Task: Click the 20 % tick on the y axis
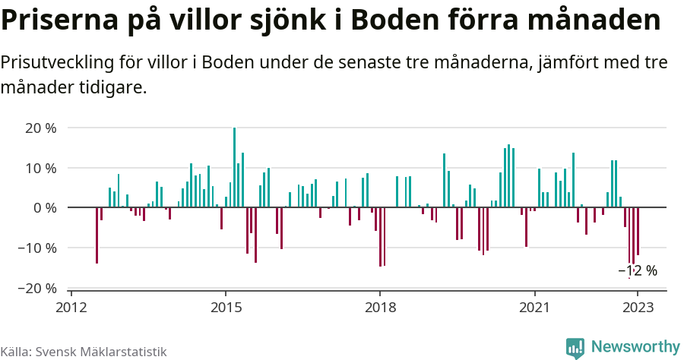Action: [40, 128]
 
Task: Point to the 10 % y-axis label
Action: [40, 168]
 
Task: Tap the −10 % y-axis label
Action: [37, 248]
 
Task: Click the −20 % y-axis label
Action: [37, 288]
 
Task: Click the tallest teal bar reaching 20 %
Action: [234, 167]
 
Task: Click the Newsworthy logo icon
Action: [575, 348]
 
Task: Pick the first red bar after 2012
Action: [97, 235]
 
